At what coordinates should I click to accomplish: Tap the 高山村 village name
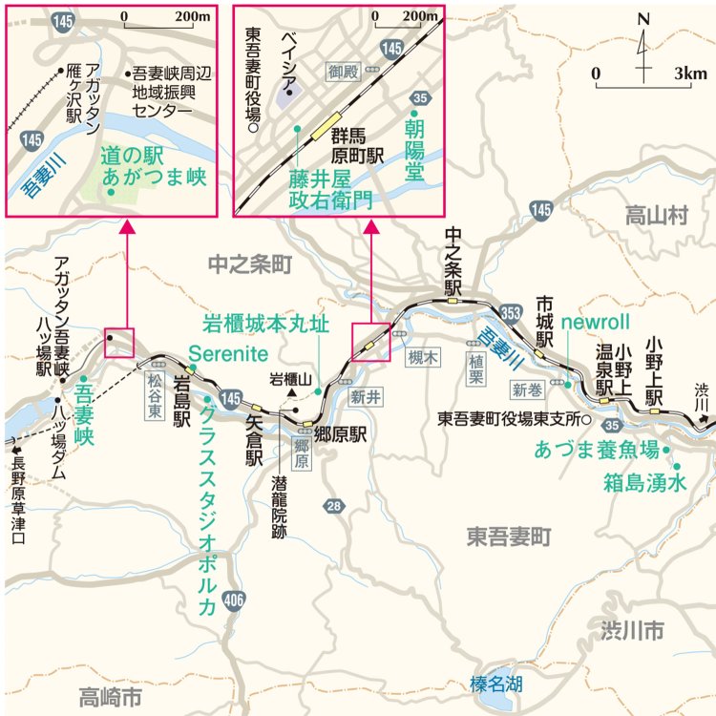tap(656, 217)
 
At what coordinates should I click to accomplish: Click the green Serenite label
tap(227, 352)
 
